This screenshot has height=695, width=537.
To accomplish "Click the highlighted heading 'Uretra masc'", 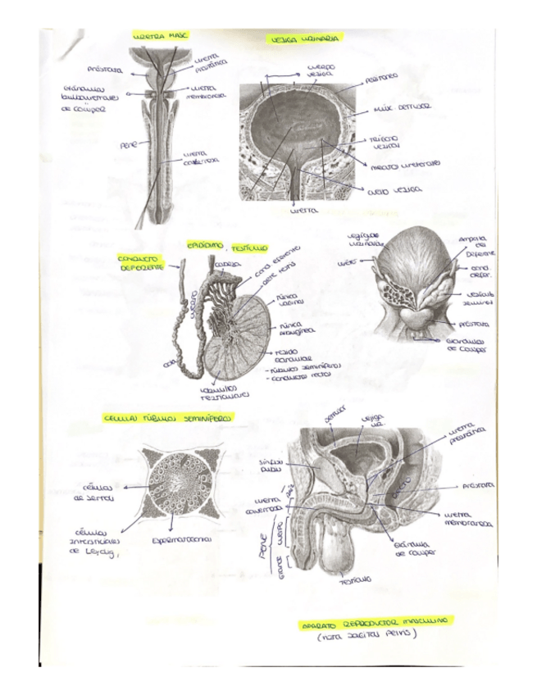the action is coord(161,36).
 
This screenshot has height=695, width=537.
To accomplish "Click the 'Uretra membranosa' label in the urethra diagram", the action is coord(208,92).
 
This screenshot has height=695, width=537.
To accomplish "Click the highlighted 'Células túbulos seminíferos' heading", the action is coord(169,419).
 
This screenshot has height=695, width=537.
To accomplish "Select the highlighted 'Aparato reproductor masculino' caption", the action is coord(371,625).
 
